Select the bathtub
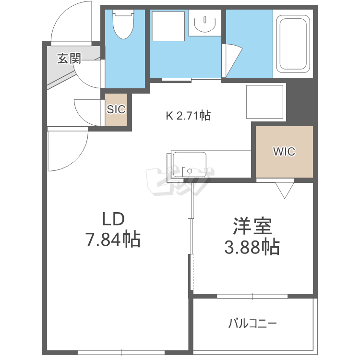293,44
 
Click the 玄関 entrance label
69,58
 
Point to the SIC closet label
116,109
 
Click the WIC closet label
284,152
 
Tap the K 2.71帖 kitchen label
188,116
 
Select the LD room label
113,218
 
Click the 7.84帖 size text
113,239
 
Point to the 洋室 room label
252,226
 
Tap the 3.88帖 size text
252,247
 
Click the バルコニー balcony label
252,324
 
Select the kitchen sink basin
190,164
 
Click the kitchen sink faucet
184,172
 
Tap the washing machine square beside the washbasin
168,26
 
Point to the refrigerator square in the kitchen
264,102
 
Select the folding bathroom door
232,60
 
